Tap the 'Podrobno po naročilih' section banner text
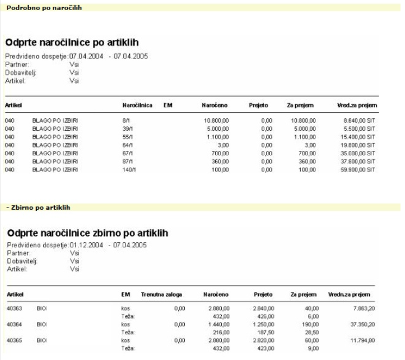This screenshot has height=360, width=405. [44, 6]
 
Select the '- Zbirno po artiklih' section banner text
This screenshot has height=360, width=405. [38, 207]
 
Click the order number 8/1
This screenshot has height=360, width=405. [126, 120]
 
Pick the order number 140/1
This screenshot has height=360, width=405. [129, 168]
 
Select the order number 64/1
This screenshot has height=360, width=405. [127, 144]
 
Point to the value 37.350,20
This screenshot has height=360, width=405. [360, 324]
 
